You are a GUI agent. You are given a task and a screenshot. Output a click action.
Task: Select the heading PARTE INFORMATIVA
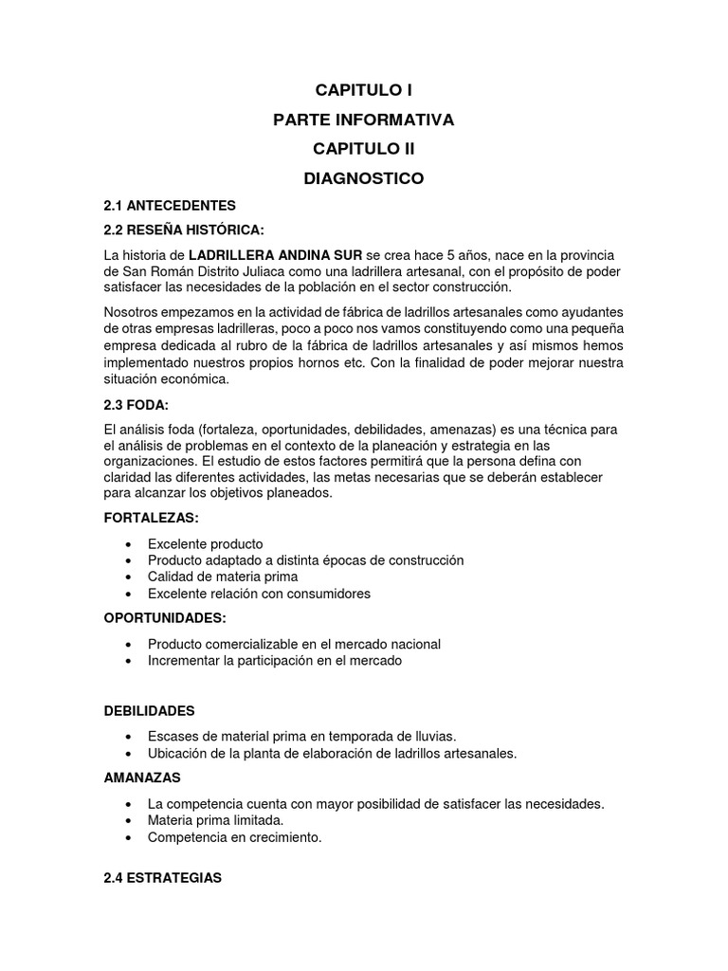coord(363,120)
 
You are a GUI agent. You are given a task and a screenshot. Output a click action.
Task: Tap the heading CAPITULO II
coord(363,149)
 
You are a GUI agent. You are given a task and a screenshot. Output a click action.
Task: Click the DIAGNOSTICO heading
coord(363,178)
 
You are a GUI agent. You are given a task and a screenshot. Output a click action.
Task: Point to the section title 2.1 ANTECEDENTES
coord(170,206)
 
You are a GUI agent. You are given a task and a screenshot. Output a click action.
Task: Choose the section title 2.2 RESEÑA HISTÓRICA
coord(184,230)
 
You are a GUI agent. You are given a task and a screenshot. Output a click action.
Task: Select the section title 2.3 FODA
coord(136,404)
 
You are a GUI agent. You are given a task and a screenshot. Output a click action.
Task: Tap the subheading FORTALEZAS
coord(152,519)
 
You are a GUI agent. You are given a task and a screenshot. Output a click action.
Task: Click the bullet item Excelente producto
coord(205,544)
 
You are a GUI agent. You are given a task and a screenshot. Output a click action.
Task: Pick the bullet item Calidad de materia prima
coord(223,577)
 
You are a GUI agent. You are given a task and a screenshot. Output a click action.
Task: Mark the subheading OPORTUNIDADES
coord(165,618)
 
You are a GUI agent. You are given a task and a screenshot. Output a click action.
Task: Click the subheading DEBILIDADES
coord(150,710)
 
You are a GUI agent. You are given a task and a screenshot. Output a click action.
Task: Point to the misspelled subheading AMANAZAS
coord(142,778)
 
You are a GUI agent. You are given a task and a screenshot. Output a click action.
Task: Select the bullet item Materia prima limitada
coord(215,820)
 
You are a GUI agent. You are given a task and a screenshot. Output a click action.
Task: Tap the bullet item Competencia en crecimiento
coord(235,837)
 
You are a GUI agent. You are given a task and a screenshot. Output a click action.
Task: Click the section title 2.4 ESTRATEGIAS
coord(163,878)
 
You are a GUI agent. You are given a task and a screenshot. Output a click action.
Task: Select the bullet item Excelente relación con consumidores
coord(259,594)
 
